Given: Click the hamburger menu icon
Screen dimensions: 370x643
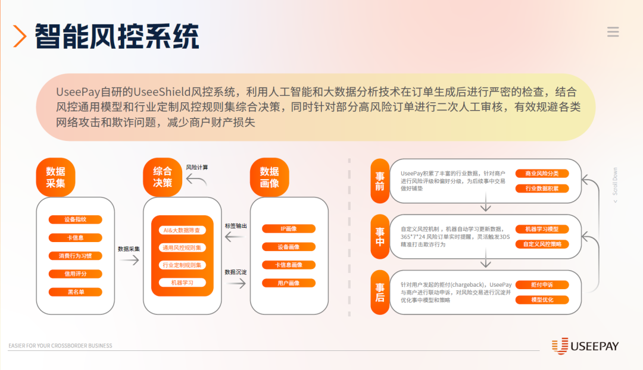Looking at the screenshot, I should [x=613, y=32].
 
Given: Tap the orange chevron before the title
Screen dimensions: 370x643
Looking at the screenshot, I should [x=20, y=37].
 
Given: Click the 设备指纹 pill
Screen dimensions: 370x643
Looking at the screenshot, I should [x=75, y=220].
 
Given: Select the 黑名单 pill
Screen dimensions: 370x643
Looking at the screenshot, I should [x=75, y=292].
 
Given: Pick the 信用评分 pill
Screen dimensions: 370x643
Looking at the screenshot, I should [x=75, y=274].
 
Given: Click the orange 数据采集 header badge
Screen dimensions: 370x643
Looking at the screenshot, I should [x=56, y=177].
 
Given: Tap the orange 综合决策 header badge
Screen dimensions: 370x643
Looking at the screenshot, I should [x=163, y=177].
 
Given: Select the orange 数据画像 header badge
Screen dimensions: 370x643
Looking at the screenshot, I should [x=269, y=177].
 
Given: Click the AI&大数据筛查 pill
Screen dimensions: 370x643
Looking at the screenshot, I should [x=182, y=230].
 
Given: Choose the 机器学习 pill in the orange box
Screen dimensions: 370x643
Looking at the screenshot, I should [x=182, y=283].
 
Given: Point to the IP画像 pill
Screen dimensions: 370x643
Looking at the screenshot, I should [x=288, y=228].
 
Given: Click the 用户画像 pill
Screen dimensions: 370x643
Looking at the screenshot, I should [x=288, y=283].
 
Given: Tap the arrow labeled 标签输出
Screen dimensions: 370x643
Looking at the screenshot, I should [x=235, y=237].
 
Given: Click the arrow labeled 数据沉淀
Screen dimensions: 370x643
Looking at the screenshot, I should [x=235, y=284].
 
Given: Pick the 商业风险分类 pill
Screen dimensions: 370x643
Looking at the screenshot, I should [x=542, y=174].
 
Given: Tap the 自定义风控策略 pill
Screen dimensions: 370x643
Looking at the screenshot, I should [x=542, y=244].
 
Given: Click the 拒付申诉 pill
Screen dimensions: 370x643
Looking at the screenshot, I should [x=542, y=285].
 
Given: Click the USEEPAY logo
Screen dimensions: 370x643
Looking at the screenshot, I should [x=585, y=346].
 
